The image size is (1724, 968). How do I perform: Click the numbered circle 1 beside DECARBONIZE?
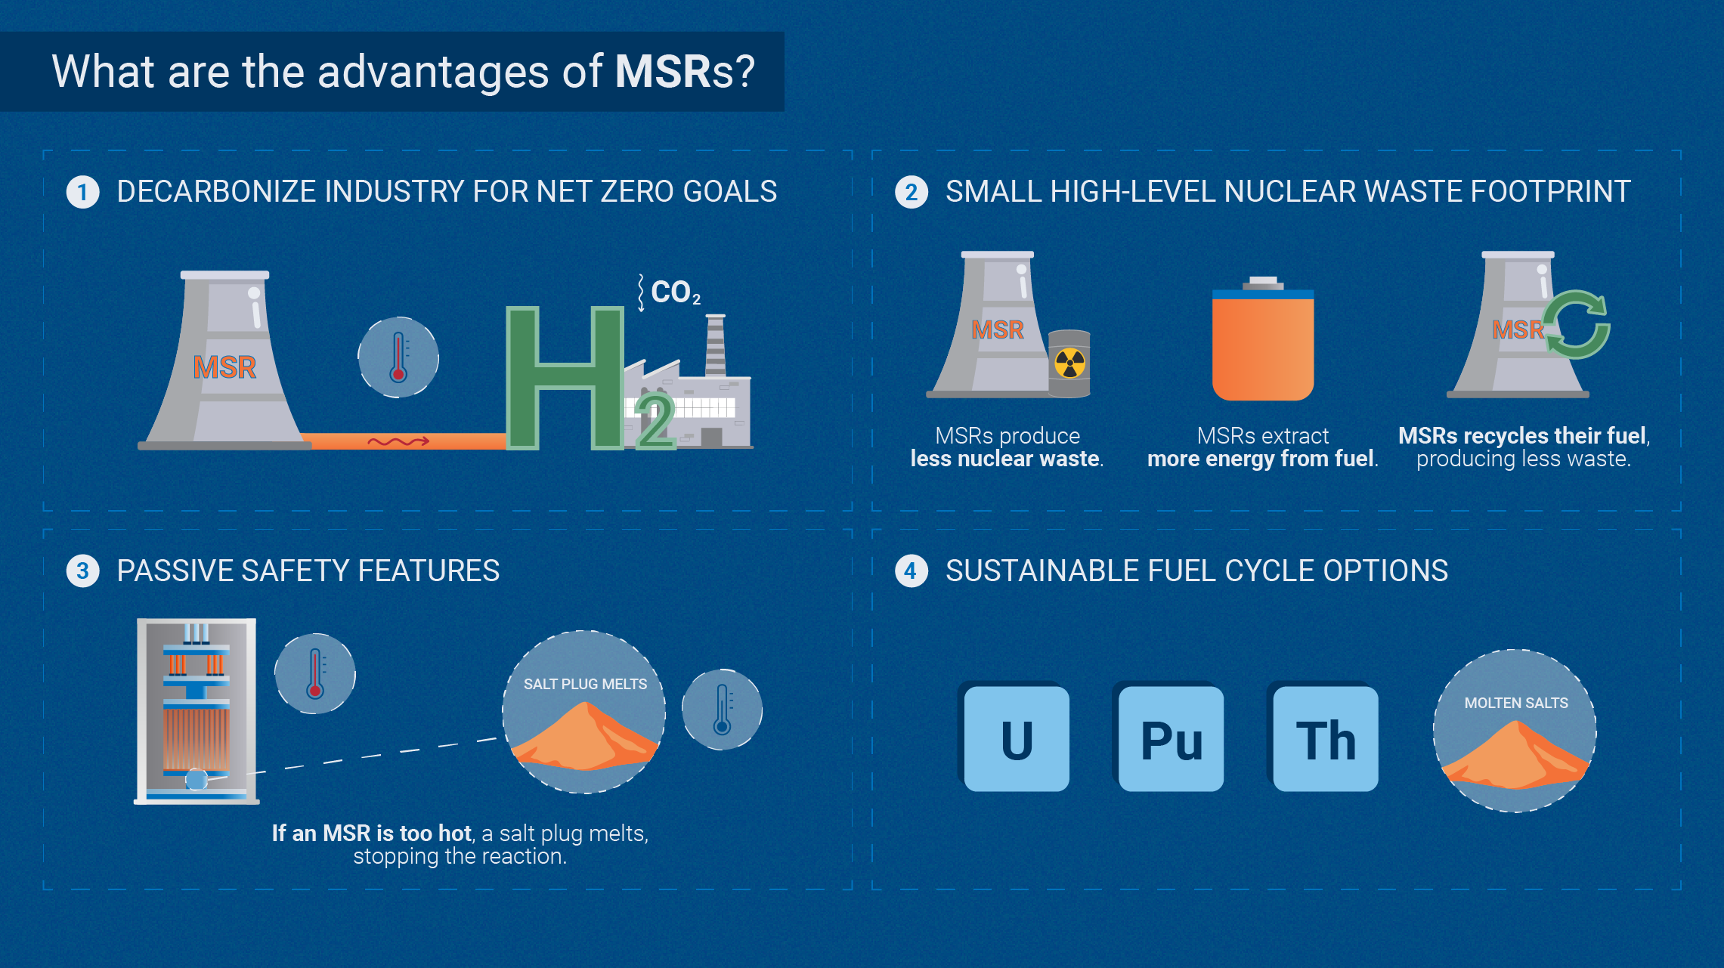(x=82, y=192)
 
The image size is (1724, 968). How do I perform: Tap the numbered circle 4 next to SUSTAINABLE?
(x=911, y=571)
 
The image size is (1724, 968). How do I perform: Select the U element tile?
(x=1017, y=739)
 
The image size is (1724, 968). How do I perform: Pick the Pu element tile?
(x=1171, y=739)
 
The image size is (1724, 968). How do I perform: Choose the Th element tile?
(x=1326, y=739)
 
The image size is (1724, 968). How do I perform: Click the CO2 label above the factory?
(x=675, y=292)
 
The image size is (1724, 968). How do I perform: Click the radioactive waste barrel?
(x=1069, y=363)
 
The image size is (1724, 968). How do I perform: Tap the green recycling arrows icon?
(x=1577, y=324)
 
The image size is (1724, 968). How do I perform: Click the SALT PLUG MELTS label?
(x=585, y=684)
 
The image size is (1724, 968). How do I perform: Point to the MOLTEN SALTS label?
(x=1515, y=703)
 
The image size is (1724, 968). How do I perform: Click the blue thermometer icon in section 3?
(x=722, y=710)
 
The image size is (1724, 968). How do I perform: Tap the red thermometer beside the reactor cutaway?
(x=315, y=673)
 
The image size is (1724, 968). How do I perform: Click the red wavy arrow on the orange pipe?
(x=398, y=441)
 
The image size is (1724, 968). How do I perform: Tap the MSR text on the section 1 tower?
(x=224, y=367)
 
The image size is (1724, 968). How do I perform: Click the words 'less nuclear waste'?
(x=1006, y=459)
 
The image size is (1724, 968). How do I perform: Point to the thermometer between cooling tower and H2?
(x=398, y=357)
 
